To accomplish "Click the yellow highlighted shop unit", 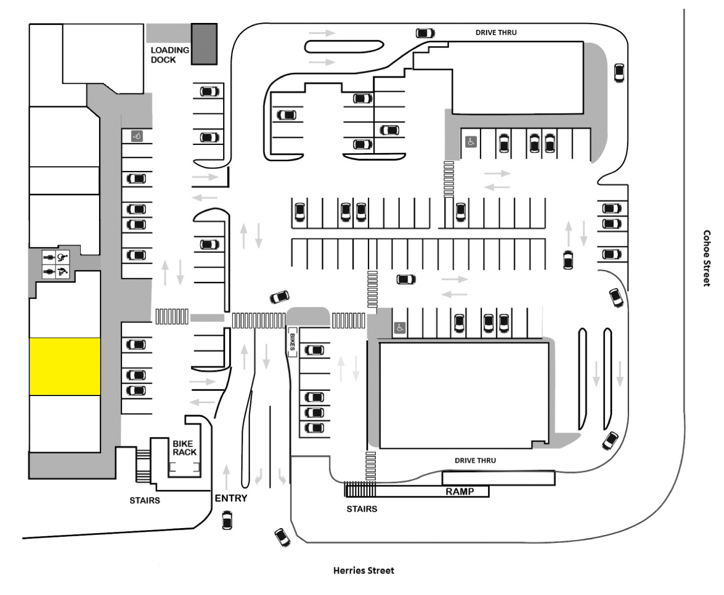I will click(x=64, y=366).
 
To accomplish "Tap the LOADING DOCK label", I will click(x=170, y=55).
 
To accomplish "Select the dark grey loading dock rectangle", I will click(x=204, y=44).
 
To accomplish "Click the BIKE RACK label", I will click(x=184, y=448).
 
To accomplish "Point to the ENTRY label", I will click(x=231, y=498).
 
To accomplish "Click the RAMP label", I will click(x=460, y=491).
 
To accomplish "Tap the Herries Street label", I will click(x=364, y=570).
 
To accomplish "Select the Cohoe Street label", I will click(x=707, y=258).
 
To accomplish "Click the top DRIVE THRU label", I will click(x=496, y=33).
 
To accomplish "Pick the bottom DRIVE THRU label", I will click(x=475, y=460).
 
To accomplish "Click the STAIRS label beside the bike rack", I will click(x=144, y=501).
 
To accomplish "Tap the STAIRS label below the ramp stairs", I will click(x=361, y=509).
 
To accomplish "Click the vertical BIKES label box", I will click(x=292, y=342).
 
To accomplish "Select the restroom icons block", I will click(x=56, y=264).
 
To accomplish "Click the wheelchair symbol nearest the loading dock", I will click(x=137, y=136).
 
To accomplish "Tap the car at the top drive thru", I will click(x=425, y=33).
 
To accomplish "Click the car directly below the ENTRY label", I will click(x=227, y=521).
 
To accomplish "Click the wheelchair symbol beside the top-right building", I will click(x=471, y=142).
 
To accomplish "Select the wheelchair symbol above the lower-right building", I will click(x=400, y=328).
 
